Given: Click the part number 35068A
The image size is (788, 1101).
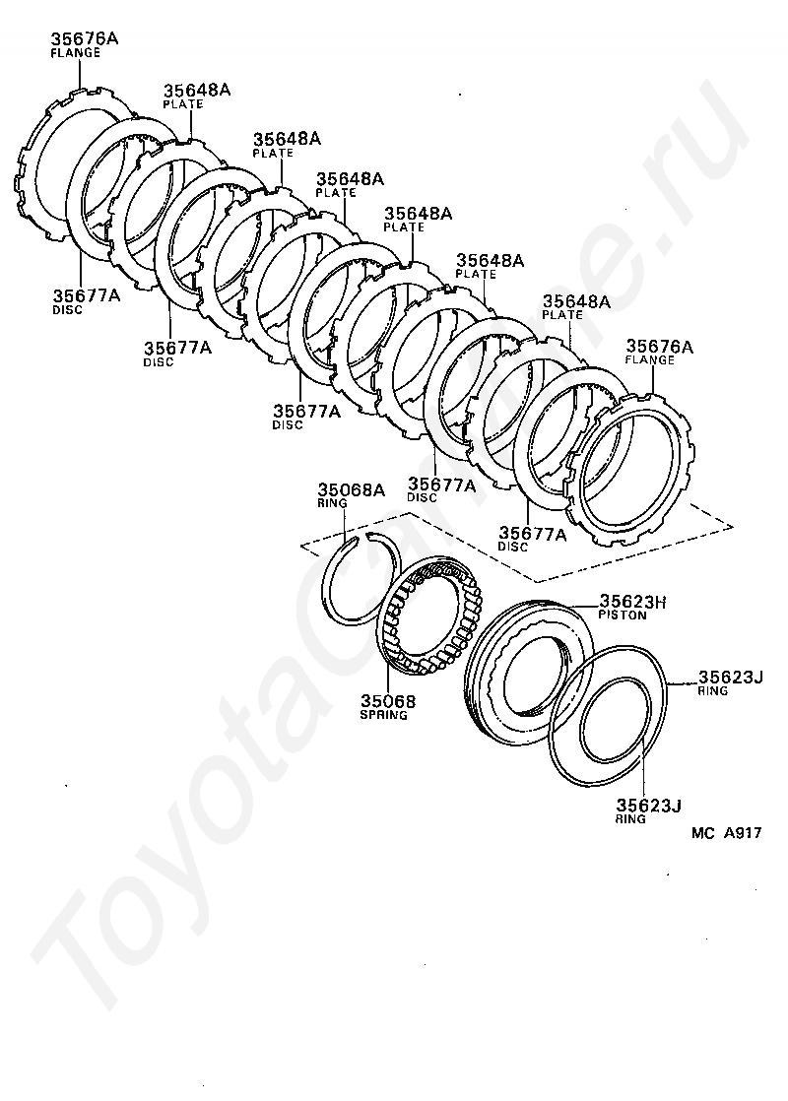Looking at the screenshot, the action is [x=352, y=489].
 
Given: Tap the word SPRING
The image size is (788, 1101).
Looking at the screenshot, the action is [x=383, y=715].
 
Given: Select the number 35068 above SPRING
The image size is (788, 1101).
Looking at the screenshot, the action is [x=388, y=701].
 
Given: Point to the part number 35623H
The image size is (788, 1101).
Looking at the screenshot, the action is [x=632, y=601].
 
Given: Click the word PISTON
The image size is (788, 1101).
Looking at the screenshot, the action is [x=623, y=615].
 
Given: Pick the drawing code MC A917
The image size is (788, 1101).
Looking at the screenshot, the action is [x=726, y=833].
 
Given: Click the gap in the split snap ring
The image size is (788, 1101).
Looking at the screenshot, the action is [x=359, y=538].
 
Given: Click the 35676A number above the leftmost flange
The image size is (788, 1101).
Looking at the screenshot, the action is [x=85, y=38].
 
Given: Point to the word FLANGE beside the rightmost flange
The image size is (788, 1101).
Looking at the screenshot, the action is [x=650, y=360].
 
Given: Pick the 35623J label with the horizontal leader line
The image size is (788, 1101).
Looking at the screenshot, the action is [x=731, y=677].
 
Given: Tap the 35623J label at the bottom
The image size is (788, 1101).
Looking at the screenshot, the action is [x=649, y=806].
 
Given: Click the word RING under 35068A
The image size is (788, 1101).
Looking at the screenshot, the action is [x=332, y=503].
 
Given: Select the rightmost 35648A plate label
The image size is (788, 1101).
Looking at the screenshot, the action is [x=576, y=302].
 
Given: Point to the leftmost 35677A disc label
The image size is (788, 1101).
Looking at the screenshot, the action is [x=87, y=295].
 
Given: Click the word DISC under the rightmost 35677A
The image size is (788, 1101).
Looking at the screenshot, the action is [x=512, y=547].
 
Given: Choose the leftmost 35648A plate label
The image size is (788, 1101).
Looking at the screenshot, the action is [x=197, y=90].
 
